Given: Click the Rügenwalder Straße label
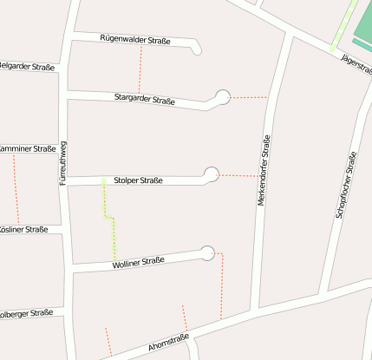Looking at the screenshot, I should [135, 40].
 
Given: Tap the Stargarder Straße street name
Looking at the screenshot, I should [144, 100].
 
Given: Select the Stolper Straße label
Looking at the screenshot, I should [139, 180].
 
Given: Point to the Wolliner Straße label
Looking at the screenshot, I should [138, 262].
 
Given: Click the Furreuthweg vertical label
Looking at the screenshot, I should [63, 166].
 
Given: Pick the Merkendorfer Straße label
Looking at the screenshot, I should [264, 170].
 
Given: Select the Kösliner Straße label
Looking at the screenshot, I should [24, 230].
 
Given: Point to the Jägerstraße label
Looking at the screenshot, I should [356, 65].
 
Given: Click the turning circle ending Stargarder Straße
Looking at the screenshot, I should [223, 97].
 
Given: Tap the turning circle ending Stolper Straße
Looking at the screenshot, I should [212, 174].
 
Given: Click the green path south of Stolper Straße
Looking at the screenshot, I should [110, 221].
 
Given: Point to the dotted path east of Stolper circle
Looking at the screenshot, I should [239, 176].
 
